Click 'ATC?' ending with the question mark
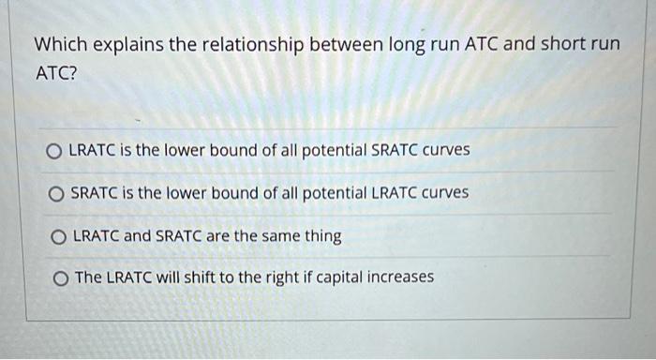tap(55, 75)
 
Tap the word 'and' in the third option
tap(137, 235)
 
